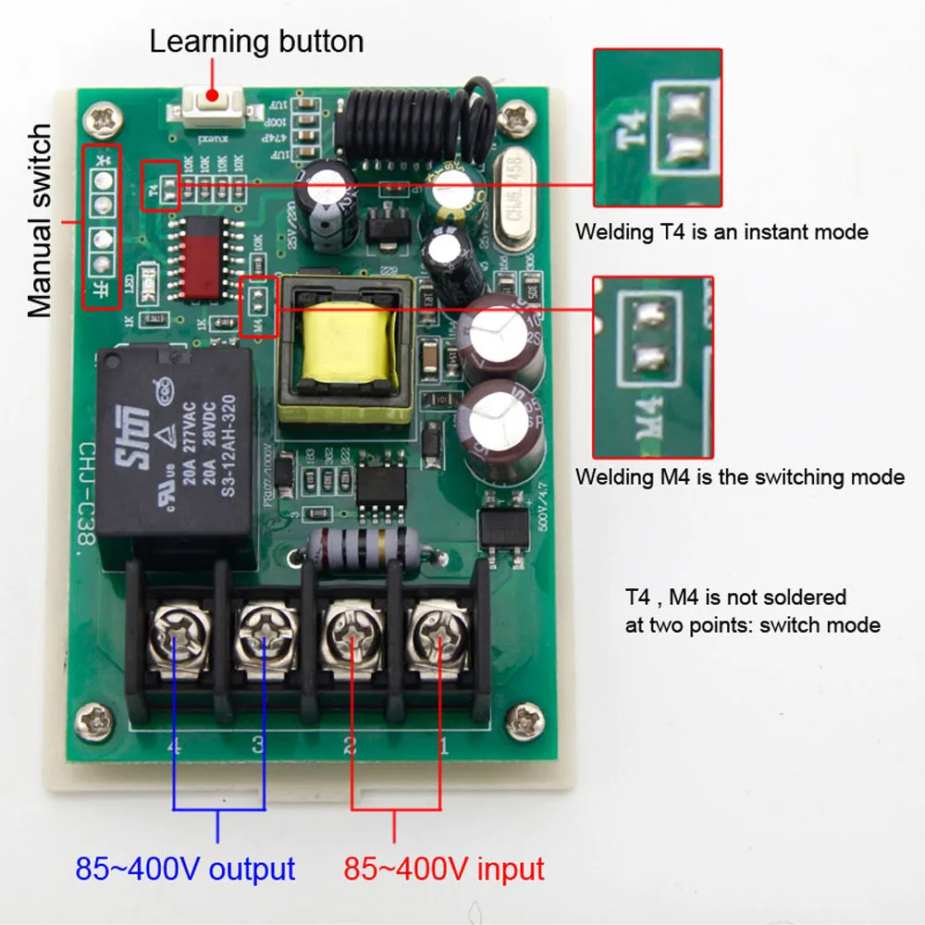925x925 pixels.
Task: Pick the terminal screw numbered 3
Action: coord(262,637)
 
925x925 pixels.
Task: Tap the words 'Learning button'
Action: coord(256,42)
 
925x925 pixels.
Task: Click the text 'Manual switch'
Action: coord(40,222)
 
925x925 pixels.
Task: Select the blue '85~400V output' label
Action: coord(185,869)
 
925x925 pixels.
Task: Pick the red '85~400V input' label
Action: coord(444,869)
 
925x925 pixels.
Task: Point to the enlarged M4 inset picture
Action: coord(653,367)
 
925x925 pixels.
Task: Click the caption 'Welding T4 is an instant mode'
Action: coord(721,231)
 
